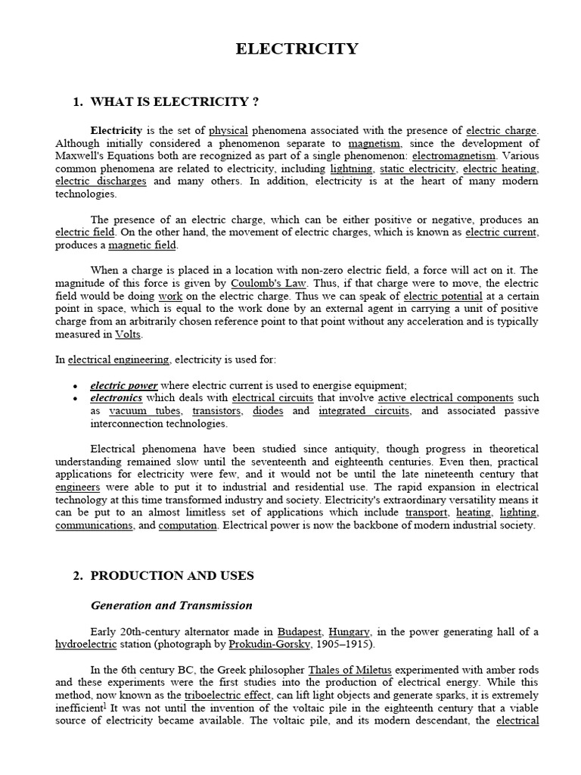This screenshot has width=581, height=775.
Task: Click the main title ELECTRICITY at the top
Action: pos(297,49)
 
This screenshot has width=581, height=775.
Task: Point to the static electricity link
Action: pos(418,169)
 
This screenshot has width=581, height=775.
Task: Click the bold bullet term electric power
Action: pos(123,384)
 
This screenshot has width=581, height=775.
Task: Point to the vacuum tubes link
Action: pos(144,410)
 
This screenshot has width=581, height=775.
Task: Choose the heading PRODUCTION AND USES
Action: pos(172,575)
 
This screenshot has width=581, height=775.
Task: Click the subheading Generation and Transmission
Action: pos(171,605)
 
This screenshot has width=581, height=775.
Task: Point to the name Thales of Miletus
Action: pos(353,669)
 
